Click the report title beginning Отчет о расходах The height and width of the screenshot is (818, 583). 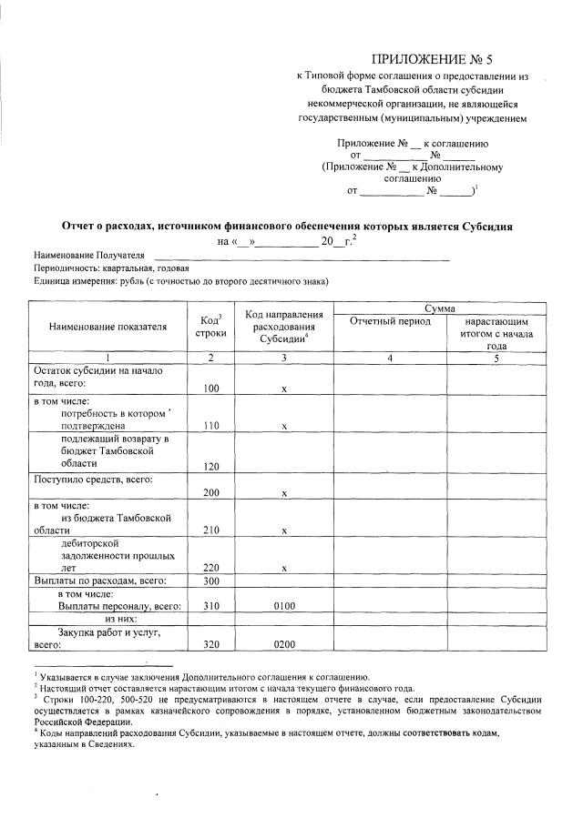point(288,226)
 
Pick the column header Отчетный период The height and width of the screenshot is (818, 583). point(389,322)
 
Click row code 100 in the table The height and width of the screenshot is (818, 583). point(211,388)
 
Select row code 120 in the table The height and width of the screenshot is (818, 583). point(211,465)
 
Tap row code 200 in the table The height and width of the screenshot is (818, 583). point(211,492)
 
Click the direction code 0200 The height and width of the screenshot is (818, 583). point(284,644)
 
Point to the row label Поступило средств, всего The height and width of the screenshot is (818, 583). point(93,480)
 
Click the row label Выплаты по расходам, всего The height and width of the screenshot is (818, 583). point(99,580)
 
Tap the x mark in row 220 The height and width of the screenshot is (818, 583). point(284,567)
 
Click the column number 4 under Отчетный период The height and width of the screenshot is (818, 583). point(389,358)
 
